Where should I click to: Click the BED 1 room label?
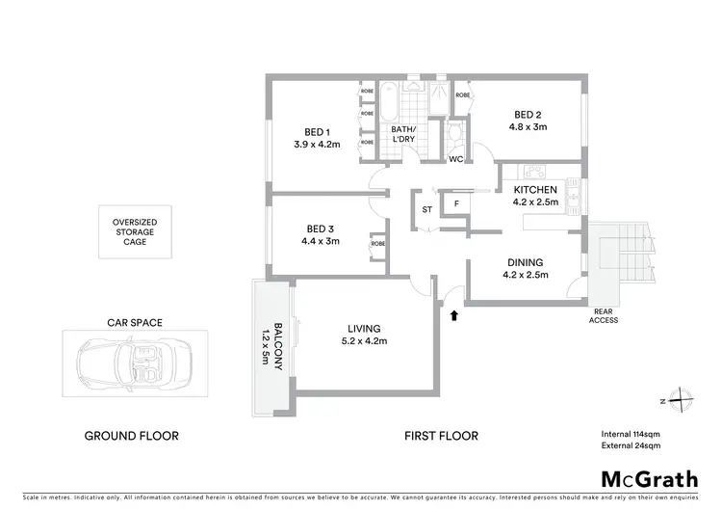(318, 132)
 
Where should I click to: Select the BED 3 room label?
(319, 229)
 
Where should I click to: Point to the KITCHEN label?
(535, 190)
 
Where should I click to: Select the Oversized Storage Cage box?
(135, 231)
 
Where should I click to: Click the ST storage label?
(426, 209)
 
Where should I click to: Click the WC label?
(456, 159)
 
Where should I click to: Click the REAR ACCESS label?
(606, 315)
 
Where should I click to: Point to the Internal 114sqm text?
(630, 435)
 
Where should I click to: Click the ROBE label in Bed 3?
(377, 244)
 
